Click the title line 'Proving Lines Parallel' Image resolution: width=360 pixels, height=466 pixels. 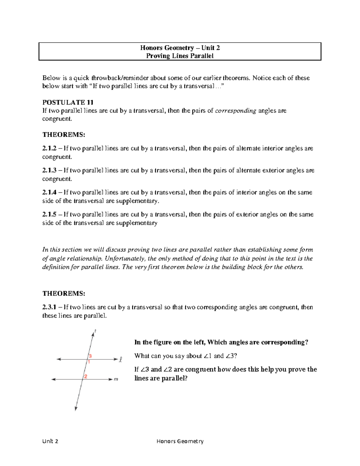pos(180,56)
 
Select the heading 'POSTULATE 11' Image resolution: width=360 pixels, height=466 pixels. pos(64,102)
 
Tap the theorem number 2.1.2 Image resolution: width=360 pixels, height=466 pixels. pos(49,148)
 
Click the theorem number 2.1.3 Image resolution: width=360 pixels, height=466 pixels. pos(49,170)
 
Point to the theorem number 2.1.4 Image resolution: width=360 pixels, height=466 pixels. pos(49,192)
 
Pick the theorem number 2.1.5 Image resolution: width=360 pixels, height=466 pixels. pos(49,215)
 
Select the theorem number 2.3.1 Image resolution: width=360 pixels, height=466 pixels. pos(49,307)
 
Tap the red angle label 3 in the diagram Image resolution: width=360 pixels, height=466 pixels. pos(90,356)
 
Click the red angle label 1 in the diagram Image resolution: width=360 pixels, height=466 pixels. pos(89,362)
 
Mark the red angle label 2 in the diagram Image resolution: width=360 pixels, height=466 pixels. pos(86,377)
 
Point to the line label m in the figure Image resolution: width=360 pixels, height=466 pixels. pos(116,380)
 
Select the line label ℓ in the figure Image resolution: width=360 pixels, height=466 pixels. pos(121,359)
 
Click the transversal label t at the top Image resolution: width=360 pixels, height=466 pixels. pos(95,331)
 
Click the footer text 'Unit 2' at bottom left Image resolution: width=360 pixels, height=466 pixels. pos(50,441)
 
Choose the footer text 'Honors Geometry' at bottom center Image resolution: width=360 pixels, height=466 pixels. pos(180,441)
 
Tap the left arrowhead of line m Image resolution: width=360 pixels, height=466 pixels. pos(53,380)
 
